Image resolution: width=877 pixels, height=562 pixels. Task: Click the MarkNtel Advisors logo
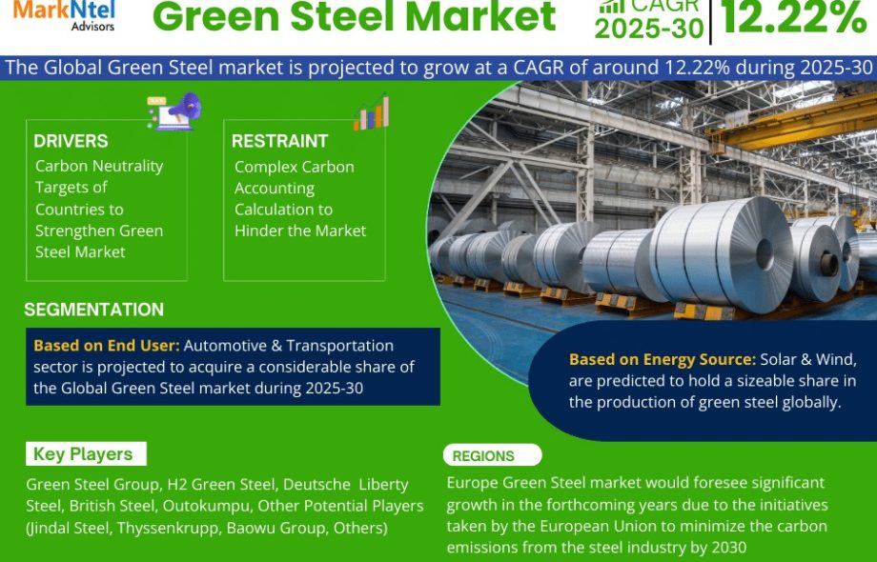(64, 15)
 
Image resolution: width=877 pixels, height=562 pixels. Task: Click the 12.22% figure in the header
(794, 17)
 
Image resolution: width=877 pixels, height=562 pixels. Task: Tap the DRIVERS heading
(71, 141)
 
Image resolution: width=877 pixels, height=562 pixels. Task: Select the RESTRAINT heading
(279, 141)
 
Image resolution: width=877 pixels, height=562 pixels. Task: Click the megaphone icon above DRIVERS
(174, 111)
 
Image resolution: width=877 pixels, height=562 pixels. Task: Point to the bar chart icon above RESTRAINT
(371, 112)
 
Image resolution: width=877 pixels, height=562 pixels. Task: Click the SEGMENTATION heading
(94, 310)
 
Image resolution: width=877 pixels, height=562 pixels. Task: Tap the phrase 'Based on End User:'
(107, 346)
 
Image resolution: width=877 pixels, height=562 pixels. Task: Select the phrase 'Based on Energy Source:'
(663, 359)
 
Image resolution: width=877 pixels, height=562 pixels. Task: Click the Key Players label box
(86, 454)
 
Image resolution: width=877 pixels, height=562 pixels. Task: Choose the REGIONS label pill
(492, 455)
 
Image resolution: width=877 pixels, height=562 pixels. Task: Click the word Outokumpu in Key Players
(207, 506)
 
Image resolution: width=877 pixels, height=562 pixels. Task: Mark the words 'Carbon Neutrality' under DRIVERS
(99, 167)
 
